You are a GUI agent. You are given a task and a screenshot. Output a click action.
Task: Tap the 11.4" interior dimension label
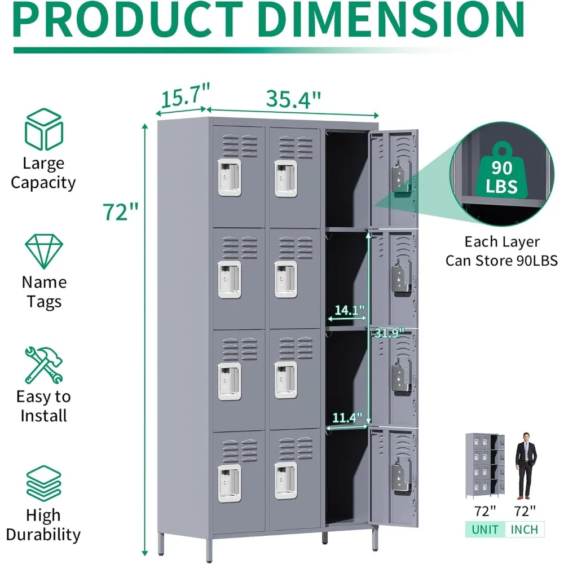pyautogui.click(x=346, y=418)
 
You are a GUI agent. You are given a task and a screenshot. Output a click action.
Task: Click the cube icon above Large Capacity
pyautogui.click(x=43, y=129)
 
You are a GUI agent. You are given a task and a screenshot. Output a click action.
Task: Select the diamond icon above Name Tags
pyautogui.click(x=44, y=252)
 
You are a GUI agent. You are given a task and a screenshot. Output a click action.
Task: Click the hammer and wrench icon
pyautogui.click(x=43, y=365)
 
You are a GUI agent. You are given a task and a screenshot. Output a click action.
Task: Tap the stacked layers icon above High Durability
pyautogui.click(x=43, y=484)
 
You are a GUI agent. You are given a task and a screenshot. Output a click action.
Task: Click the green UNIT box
pyautogui.click(x=485, y=530)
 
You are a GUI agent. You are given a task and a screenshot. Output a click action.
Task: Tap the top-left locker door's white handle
pyautogui.click(x=230, y=177)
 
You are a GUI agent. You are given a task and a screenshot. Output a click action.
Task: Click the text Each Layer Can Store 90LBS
pyautogui.click(x=502, y=251)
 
